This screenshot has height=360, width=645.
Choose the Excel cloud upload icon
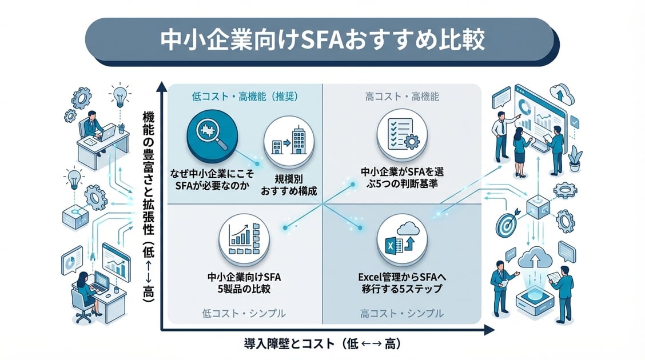(x=403, y=241)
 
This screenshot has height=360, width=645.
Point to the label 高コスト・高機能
(x=402, y=97)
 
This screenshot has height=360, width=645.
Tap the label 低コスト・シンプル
(x=244, y=313)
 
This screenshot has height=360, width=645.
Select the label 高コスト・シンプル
(x=402, y=313)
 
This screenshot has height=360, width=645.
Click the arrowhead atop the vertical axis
(x=162, y=87)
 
